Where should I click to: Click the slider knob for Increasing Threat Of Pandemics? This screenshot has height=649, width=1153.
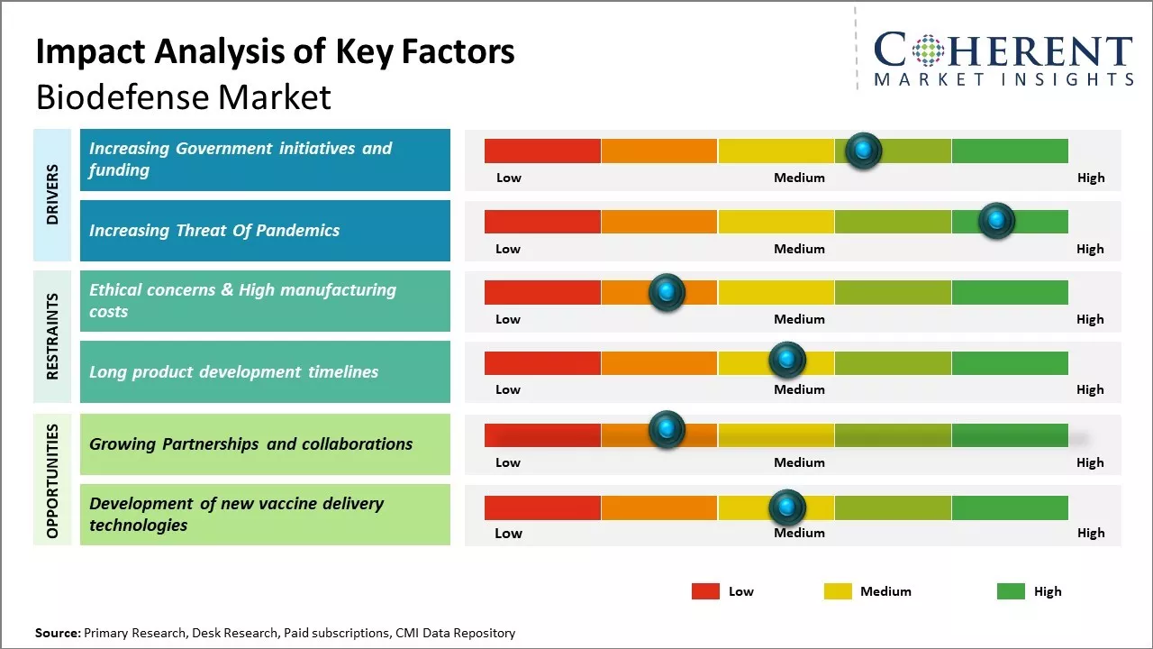point(996,221)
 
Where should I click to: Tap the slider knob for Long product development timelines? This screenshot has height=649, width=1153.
point(787,361)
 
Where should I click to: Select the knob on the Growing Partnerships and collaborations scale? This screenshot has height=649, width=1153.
point(667,430)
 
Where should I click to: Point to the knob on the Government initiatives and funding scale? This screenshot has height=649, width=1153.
point(863,151)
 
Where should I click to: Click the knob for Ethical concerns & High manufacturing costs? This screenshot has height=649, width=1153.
point(667,292)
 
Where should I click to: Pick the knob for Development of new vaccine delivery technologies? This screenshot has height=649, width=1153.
point(787,507)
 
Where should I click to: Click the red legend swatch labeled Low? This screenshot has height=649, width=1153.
point(705,591)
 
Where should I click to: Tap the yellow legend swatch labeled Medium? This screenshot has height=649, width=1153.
point(838,591)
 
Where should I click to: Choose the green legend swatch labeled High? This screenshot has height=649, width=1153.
point(1011,591)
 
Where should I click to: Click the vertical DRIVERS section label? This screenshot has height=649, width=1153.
point(52,195)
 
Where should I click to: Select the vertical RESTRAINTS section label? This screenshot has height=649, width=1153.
point(52,336)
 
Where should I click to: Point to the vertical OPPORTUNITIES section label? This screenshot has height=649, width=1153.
point(52,480)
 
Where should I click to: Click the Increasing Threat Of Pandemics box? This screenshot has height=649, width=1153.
point(265,231)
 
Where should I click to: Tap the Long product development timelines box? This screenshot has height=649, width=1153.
point(265,371)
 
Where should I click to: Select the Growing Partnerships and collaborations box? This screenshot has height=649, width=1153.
point(265,443)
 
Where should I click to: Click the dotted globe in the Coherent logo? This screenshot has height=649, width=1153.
point(929,51)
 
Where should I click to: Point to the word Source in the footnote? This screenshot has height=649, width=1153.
point(57,633)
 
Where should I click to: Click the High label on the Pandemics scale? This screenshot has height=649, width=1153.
point(1090,249)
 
